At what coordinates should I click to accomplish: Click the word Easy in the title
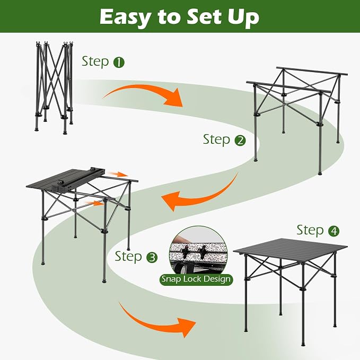point(125,17)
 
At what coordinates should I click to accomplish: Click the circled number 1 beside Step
point(119,63)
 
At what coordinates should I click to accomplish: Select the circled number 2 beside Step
point(240,141)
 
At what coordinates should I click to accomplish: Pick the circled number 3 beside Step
point(152,257)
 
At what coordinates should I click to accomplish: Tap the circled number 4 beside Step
point(333,231)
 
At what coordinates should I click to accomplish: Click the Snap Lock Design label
point(196,279)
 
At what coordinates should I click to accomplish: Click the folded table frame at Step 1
point(54,87)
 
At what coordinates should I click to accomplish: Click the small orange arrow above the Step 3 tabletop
point(118,174)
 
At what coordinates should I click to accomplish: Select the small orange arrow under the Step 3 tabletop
point(94,203)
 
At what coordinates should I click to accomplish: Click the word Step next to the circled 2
point(216,140)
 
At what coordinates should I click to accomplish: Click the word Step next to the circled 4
point(310,231)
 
